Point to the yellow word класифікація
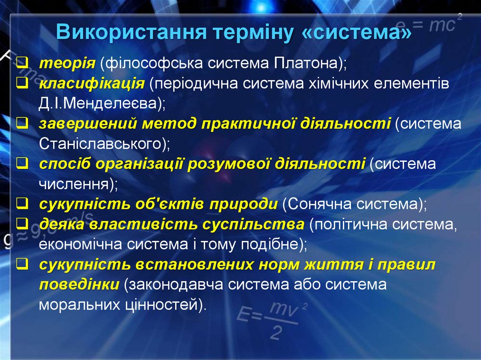[91, 83]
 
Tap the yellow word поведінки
[79, 285]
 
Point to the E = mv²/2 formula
[272, 319]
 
